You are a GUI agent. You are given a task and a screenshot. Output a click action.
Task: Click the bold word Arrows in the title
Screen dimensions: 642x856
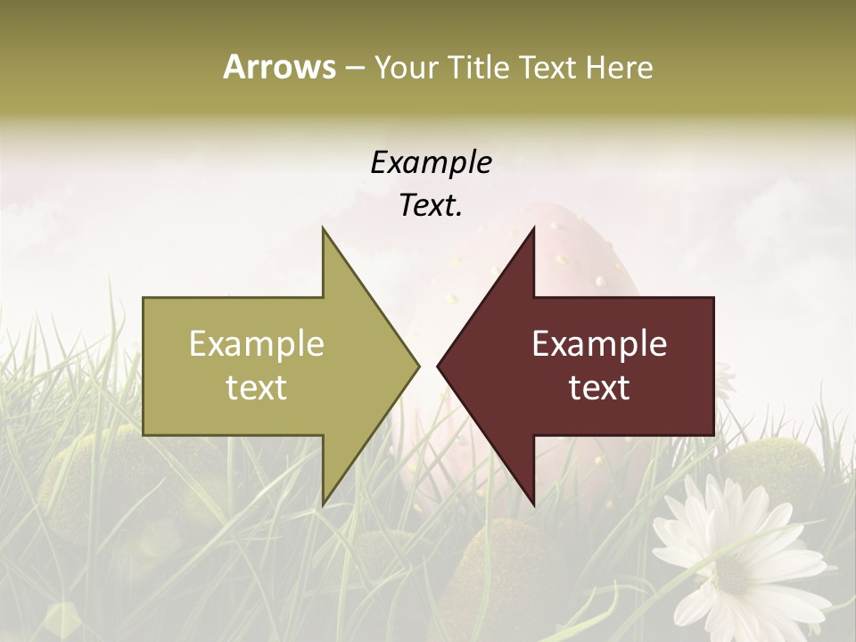coord(279,67)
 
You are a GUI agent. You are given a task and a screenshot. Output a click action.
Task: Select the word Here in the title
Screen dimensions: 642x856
coord(619,67)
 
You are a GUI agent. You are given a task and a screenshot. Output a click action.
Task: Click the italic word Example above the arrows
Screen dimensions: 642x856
coord(431,163)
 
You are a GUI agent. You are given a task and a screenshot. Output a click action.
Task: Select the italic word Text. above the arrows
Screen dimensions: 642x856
coord(431,205)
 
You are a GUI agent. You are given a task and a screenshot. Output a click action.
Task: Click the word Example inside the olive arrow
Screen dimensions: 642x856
coord(257,343)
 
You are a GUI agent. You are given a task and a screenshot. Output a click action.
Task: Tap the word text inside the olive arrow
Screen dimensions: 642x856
coord(257,388)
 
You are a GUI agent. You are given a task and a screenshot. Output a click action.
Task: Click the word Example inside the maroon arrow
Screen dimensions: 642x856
coord(599,343)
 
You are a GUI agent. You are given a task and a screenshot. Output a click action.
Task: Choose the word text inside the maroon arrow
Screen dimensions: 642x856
coord(599,388)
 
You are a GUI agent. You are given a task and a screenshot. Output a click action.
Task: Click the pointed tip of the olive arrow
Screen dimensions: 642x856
coord(417,366)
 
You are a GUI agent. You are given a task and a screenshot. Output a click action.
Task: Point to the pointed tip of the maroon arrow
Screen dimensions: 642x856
coord(439,366)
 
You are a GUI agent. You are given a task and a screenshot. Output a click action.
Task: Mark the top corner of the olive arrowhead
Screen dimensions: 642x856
coord(323,229)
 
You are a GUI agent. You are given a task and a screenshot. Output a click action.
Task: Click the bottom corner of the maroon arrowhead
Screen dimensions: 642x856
coord(533,503)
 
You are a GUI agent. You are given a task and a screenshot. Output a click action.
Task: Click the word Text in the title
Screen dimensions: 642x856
coord(548,67)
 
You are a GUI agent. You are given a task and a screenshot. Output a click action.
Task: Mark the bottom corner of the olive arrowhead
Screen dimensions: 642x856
coord(323,503)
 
